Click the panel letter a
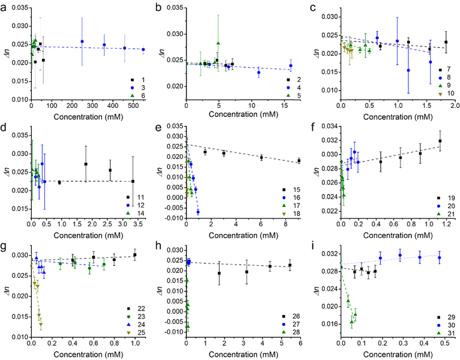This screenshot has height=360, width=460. click(x=6, y=7)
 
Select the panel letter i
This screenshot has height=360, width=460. click(x=313, y=247)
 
